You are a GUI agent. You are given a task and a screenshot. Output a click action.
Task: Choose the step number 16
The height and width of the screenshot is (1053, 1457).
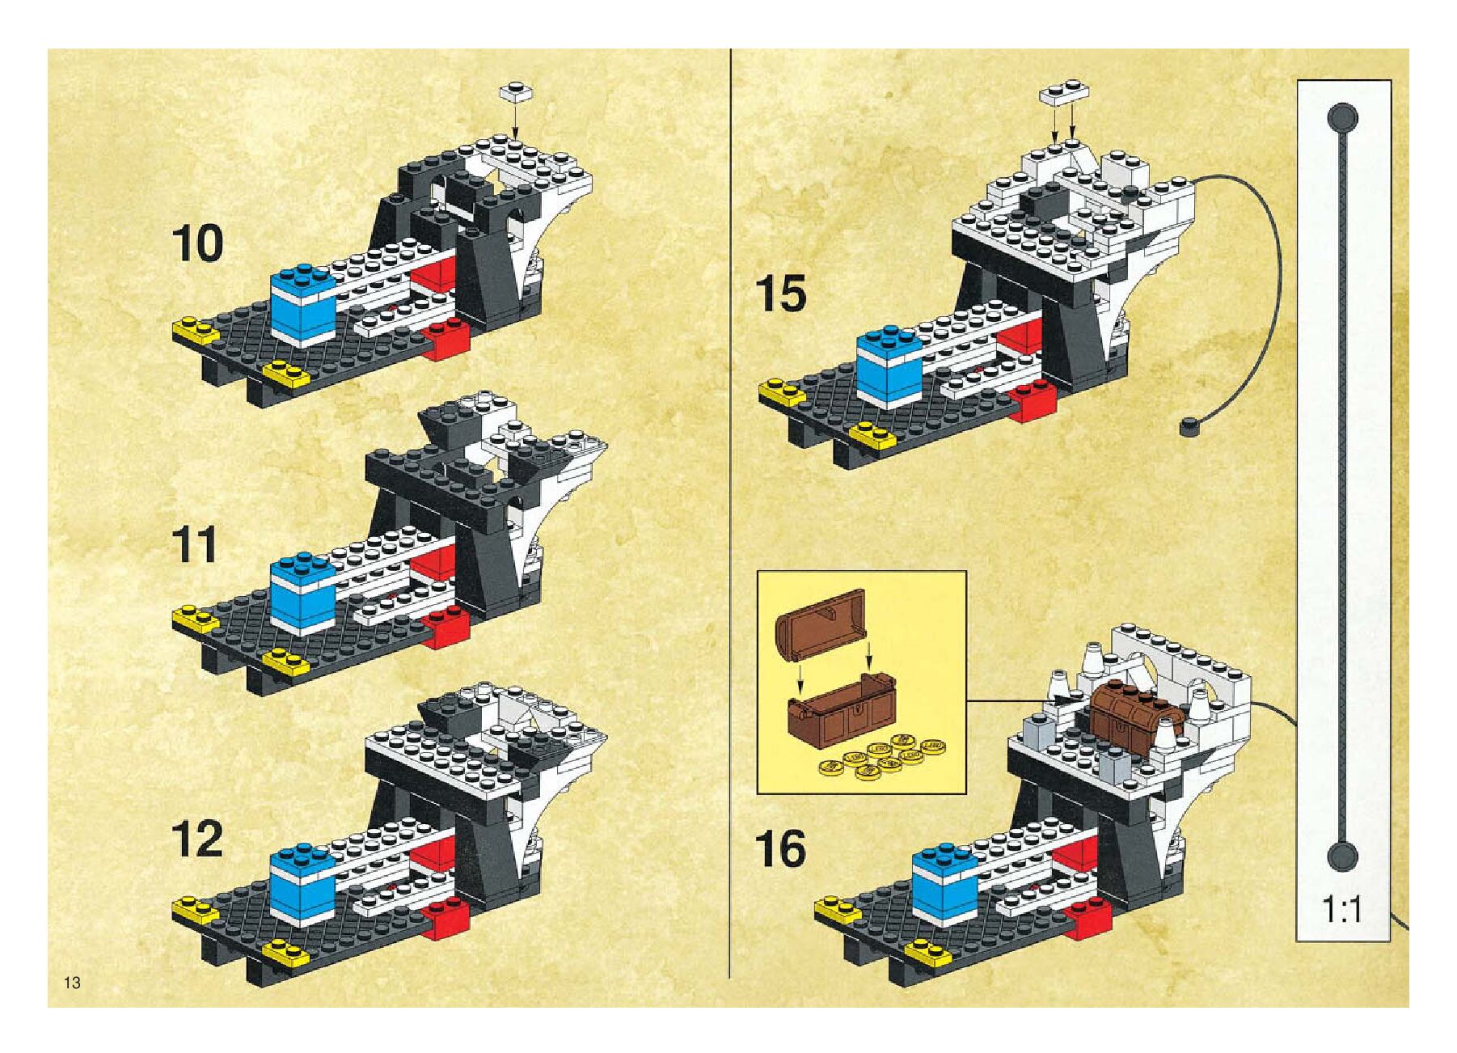780,849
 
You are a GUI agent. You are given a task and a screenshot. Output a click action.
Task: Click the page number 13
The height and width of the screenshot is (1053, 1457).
72,983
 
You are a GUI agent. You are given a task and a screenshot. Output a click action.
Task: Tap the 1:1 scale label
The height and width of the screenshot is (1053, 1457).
1342,910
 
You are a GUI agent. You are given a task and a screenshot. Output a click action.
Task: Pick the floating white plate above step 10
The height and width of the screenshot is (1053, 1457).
514,91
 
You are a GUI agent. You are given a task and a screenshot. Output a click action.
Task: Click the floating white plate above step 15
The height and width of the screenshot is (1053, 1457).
1063,91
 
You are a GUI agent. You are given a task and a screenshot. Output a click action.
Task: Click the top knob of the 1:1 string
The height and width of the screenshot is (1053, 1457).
1342,118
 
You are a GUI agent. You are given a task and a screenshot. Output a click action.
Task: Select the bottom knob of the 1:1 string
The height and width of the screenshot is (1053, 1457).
1342,856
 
